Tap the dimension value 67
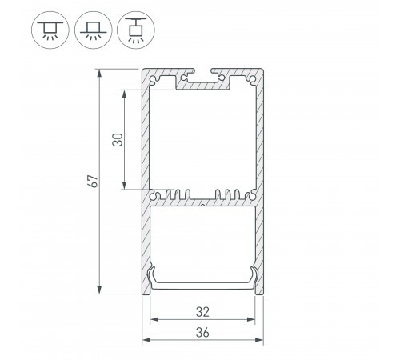coord(93,182)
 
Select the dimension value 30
coord(118,138)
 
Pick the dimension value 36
coord(203,334)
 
